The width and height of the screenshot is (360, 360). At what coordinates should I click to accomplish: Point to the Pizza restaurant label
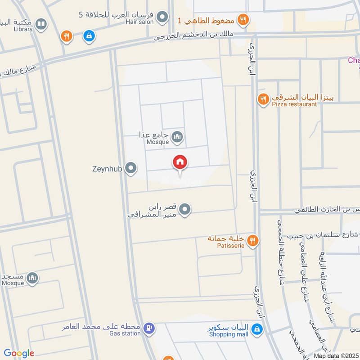point(294,104)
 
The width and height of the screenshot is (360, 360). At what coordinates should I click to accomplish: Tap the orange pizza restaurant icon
point(262,99)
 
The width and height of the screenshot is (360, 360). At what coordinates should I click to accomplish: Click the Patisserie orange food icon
point(253,241)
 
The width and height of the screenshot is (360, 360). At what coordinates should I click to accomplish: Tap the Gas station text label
point(125,333)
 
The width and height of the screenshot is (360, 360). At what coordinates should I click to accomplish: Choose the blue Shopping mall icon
point(257,330)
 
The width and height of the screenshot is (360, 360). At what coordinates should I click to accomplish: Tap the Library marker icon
point(41,24)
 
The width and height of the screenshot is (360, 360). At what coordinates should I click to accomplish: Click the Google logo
point(19,353)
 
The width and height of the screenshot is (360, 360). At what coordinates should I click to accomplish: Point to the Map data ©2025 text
point(336,355)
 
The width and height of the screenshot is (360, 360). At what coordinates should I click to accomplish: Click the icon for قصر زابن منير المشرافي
point(184,209)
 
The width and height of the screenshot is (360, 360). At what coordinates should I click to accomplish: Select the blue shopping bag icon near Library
point(89,36)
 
